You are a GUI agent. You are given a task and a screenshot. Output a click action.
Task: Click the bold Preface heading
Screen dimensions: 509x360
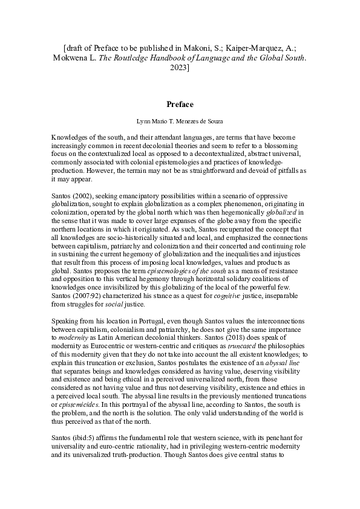click(180, 104)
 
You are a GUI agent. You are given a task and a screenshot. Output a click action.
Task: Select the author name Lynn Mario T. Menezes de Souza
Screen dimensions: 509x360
click(180, 122)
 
